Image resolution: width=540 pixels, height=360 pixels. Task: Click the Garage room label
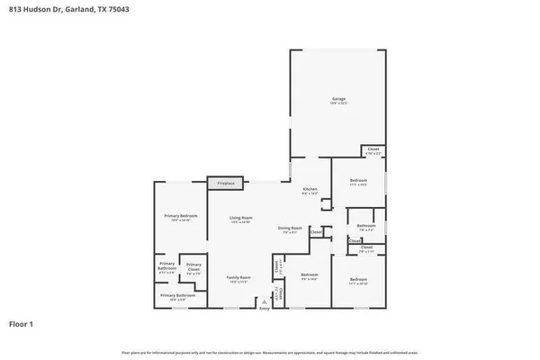(x=338, y=99)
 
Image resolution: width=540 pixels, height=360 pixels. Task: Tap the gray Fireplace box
(x=226, y=183)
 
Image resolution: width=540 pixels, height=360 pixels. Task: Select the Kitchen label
(x=310, y=189)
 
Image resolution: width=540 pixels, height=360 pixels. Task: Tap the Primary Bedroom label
(x=180, y=216)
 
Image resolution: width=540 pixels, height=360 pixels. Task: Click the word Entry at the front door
(x=265, y=309)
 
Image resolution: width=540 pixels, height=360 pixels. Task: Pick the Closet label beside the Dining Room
(x=316, y=232)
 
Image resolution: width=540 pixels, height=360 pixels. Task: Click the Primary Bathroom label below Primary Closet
(x=178, y=295)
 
